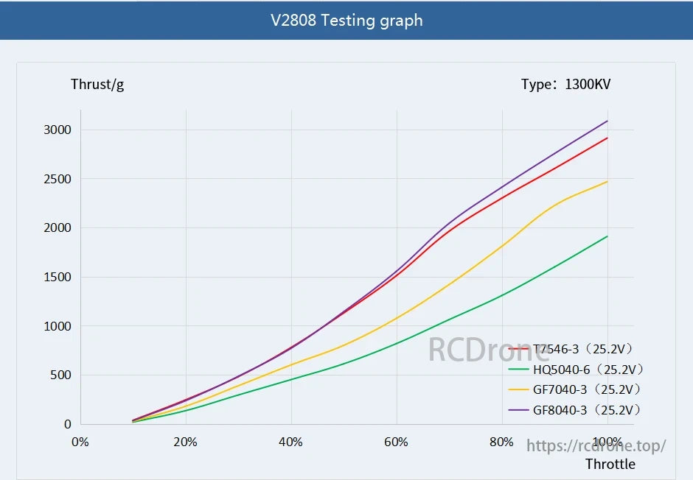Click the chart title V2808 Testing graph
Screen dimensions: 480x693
point(346,20)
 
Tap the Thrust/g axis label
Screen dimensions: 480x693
point(97,84)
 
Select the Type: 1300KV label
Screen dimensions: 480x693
point(565,84)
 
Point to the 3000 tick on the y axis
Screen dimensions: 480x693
point(57,130)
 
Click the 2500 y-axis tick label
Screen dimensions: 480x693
point(57,180)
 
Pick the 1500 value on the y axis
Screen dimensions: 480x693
point(57,278)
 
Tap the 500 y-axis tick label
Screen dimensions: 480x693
point(60,375)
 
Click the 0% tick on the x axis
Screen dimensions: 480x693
point(80,442)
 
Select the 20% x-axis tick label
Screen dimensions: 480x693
point(185,442)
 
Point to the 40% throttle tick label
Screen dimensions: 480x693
point(290,442)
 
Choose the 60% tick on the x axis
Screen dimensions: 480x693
point(396,442)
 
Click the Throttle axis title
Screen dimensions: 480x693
point(610,464)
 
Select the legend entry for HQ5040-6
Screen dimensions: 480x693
point(586,369)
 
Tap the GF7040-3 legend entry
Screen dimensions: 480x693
point(586,389)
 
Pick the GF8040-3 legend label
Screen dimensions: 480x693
point(586,409)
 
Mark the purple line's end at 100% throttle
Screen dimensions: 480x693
point(607,121)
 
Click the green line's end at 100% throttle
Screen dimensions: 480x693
point(607,236)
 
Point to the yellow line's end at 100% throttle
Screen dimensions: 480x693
point(607,181)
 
